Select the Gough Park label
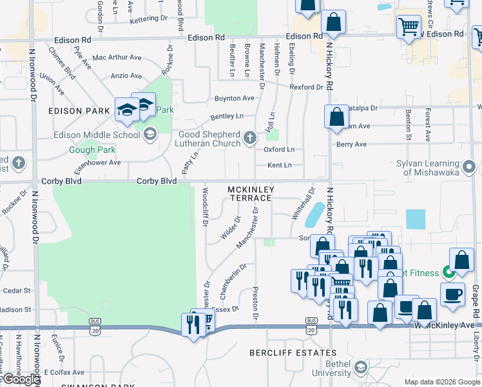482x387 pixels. pyautogui.click(x=91, y=150)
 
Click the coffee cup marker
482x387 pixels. pyautogui.click(x=452, y=293)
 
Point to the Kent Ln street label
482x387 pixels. pyautogui.click(x=279, y=165)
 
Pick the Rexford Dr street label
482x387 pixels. pyautogui.click(x=306, y=87)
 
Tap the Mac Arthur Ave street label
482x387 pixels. pyautogui.click(x=117, y=57)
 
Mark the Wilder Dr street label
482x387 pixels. pyautogui.click(x=232, y=228)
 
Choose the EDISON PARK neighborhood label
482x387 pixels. pyautogui.click(x=79, y=111)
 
